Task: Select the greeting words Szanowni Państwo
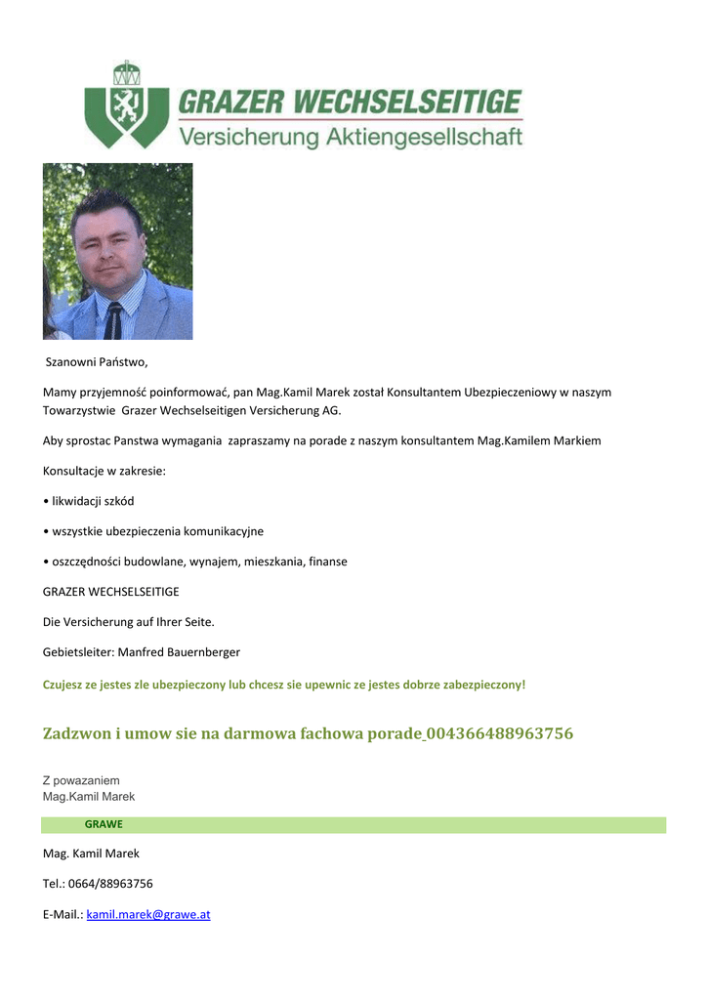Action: [x=98, y=363]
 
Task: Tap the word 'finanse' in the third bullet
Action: [x=326, y=562]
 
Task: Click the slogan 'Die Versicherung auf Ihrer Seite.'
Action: [x=128, y=621]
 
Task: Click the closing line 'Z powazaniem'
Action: [x=81, y=780]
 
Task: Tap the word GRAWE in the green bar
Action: [x=104, y=824]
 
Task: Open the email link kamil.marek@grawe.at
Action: [x=148, y=915]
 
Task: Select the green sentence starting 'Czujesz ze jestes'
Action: [x=283, y=685]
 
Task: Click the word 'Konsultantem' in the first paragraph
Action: [x=423, y=392]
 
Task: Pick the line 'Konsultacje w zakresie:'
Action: [x=104, y=472]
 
